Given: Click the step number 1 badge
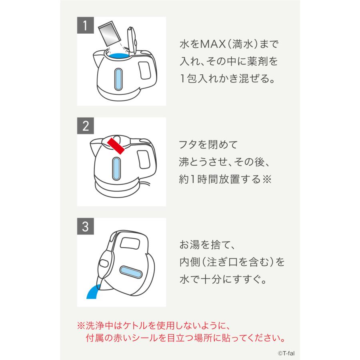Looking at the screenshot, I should [x=85, y=25].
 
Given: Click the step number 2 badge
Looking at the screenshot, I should [x=85, y=126].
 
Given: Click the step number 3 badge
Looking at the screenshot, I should [x=85, y=226].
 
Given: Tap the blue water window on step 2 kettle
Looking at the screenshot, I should [x=116, y=167].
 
